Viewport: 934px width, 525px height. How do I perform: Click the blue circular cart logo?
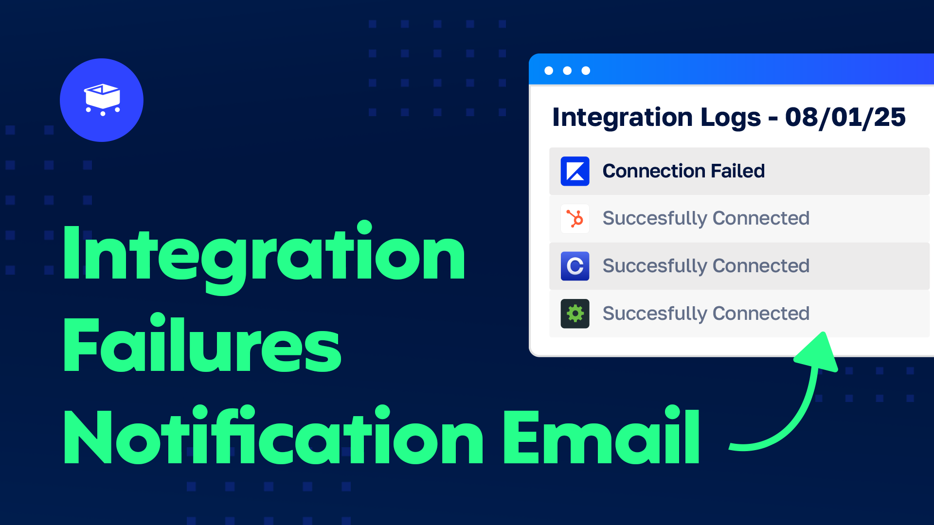click(102, 100)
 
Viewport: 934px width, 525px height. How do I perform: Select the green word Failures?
click(202, 345)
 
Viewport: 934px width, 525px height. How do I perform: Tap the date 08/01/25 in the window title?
click(845, 118)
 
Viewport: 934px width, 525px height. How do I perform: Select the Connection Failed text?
click(683, 171)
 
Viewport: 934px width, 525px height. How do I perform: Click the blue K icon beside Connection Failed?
click(575, 171)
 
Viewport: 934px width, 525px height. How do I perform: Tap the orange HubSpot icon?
click(575, 219)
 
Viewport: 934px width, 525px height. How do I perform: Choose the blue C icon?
click(575, 266)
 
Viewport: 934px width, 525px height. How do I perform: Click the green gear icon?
click(575, 314)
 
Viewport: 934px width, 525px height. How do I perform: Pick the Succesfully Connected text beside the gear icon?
click(706, 314)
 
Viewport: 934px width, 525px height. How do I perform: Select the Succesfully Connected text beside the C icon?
click(706, 266)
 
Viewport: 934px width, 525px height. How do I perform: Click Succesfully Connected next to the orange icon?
click(706, 218)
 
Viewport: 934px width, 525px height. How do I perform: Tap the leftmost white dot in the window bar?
click(549, 70)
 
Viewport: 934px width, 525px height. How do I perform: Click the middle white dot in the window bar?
click(567, 70)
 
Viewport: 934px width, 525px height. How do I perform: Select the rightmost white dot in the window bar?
click(586, 70)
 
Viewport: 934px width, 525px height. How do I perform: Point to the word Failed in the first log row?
click(737, 171)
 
